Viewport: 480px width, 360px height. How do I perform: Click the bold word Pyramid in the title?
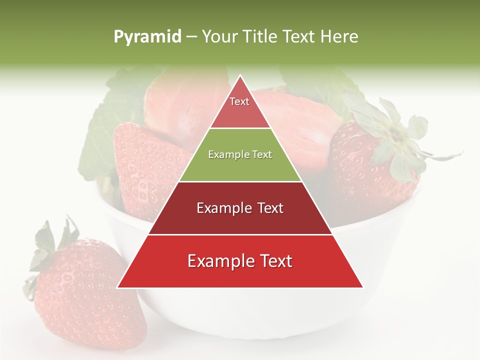[147, 36]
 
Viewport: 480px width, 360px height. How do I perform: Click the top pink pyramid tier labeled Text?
[240, 107]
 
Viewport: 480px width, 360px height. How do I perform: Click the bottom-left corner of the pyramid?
[118, 287]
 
